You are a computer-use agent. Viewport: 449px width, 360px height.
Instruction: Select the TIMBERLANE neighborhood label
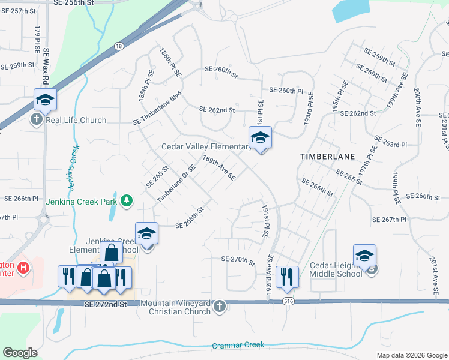tap(328, 156)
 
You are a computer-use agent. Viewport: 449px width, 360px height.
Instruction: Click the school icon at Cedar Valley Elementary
tap(260, 138)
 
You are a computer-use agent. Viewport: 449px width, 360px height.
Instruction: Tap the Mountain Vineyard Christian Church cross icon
tap(218, 307)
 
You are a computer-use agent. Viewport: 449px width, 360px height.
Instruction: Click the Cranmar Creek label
tap(238, 346)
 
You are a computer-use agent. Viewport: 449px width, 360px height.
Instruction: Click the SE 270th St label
tap(238, 259)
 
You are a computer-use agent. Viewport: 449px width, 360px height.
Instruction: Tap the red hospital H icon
tap(23, 268)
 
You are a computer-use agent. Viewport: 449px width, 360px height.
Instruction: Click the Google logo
tap(20, 352)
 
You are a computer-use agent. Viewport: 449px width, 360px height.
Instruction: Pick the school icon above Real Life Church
tap(44, 100)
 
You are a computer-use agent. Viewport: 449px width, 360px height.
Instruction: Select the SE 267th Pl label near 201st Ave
tap(390, 220)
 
